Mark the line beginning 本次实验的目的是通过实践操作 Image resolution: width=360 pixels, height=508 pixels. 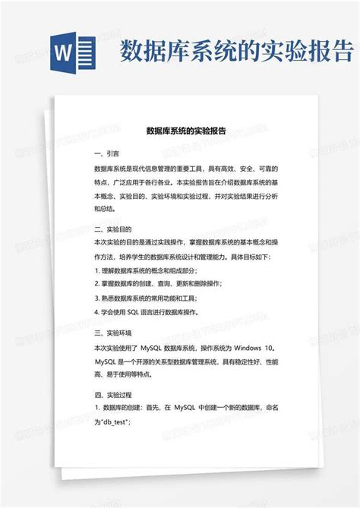point(182,241)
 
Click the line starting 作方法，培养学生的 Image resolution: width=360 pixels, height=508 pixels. point(182,256)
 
